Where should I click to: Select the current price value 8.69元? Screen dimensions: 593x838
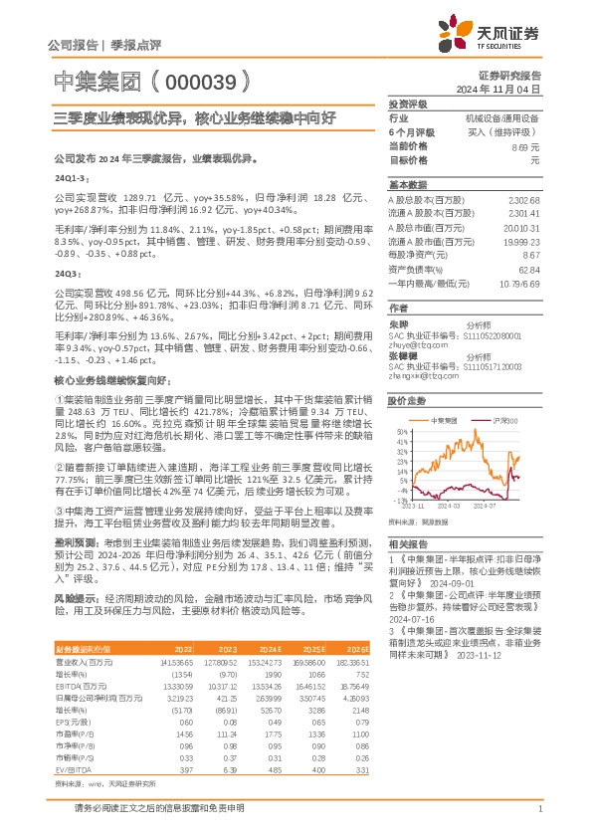(x=526, y=146)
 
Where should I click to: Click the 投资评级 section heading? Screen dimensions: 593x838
(x=408, y=104)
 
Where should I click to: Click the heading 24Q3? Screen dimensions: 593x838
(x=67, y=272)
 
